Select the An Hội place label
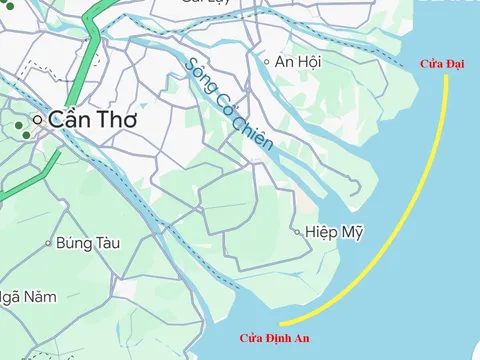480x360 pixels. coord(297,62)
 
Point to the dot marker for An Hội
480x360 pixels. coord(266,62)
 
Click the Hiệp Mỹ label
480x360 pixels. coord(334,232)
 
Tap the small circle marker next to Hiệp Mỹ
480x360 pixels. coord(297,232)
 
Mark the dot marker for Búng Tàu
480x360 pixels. coord(47,242)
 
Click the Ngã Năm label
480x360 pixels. coord(28,296)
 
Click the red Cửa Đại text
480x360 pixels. coord(441,64)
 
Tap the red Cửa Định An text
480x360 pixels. coord(275,338)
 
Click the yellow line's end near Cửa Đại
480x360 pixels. coord(447,78)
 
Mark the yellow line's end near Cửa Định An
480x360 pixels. coord(281,324)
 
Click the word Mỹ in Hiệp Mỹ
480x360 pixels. coord(351,232)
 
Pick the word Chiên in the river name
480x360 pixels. coord(254,131)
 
